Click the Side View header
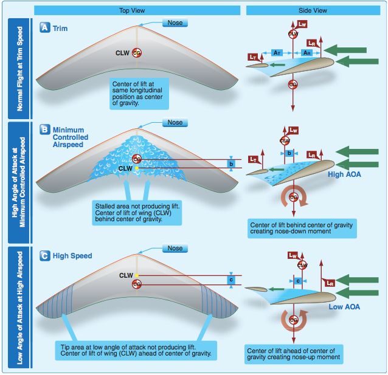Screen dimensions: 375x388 (x=313, y=10)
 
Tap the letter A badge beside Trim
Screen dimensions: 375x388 (x=44, y=27)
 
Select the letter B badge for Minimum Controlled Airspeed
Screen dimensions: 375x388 (x=44, y=129)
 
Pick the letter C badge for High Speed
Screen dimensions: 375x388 (x=44, y=256)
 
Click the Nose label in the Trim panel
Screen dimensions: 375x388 (x=176, y=22)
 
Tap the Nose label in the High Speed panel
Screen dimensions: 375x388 (x=175, y=248)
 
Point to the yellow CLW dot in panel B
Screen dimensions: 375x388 (x=137, y=168)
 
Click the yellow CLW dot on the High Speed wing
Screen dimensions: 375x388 (x=137, y=275)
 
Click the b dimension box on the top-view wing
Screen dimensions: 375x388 (x=231, y=163)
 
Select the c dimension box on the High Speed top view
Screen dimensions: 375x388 (x=231, y=280)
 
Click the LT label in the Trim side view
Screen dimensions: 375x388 (x=253, y=56)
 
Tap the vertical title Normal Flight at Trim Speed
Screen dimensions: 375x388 (x=19, y=67)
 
